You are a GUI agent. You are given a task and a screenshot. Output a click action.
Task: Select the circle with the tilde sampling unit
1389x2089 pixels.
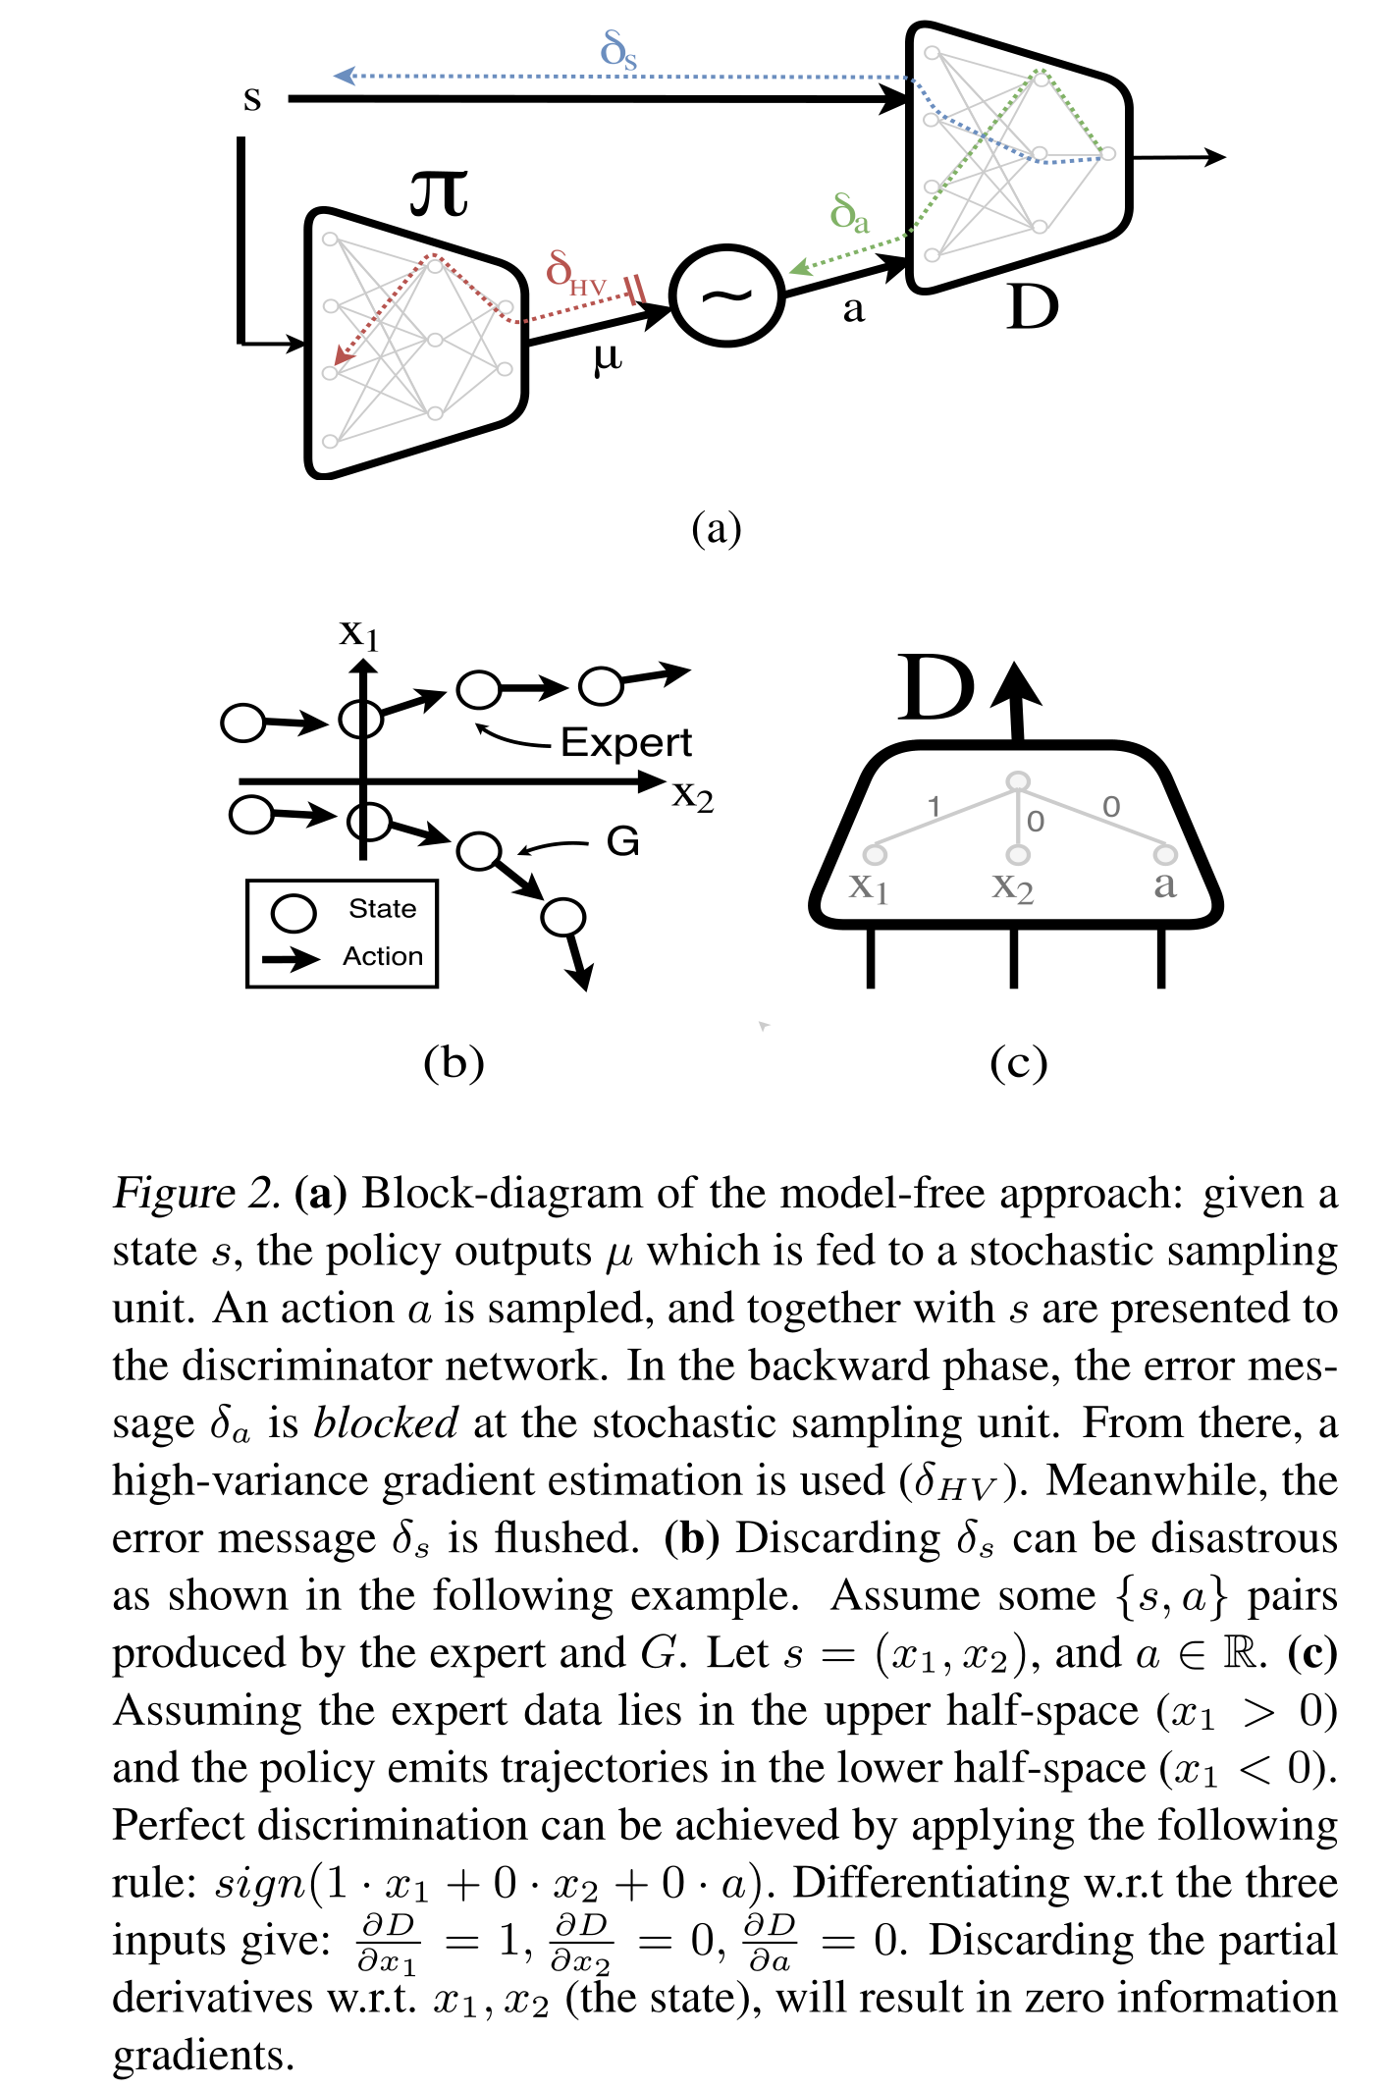click(726, 295)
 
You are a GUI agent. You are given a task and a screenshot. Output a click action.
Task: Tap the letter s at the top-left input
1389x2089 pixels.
click(252, 98)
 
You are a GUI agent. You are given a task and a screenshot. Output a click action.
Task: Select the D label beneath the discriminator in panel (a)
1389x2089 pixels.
click(1033, 307)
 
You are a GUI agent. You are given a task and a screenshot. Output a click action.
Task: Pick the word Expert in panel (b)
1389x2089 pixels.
click(626, 742)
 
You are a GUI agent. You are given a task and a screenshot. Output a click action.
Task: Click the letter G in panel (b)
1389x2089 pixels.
click(623, 841)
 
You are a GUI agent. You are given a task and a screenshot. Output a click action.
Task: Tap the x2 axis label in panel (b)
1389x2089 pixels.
click(693, 794)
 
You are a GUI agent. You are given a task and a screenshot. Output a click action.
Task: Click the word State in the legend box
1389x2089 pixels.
click(382, 908)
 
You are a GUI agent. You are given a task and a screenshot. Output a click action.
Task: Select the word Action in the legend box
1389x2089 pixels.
click(383, 956)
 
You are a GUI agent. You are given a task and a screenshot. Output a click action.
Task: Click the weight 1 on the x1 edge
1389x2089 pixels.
click(935, 806)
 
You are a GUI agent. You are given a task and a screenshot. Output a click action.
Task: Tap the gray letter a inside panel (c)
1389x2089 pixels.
click(1164, 884)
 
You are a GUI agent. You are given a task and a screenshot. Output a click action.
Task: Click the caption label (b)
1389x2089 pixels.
click(454, 1062)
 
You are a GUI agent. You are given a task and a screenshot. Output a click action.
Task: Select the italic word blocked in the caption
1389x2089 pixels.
click(385, 1422)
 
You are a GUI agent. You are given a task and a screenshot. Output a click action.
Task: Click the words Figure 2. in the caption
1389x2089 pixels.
click(196, 1193)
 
